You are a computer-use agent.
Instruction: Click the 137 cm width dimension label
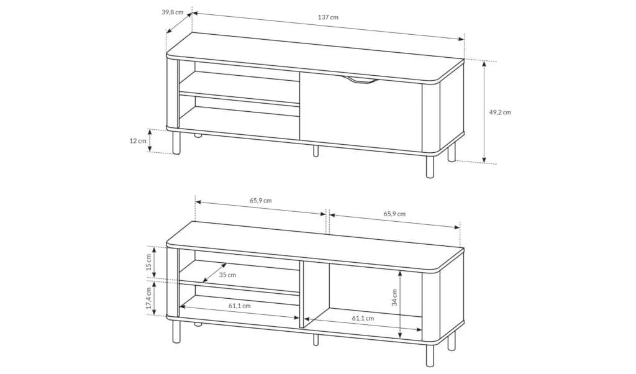click(328, 17)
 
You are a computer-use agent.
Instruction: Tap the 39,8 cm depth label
click(173, 12)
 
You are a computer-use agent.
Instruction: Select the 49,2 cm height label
click(500, 112)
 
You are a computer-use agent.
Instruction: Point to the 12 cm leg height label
click(138, 141)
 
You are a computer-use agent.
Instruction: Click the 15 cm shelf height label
click(149, 263)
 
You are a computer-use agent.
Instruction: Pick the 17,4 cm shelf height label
click(149, 298)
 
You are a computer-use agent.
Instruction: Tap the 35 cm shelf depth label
click(227, 275)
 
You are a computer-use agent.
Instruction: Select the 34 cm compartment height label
click(394, 298)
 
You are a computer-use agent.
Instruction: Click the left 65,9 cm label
click(260, 201)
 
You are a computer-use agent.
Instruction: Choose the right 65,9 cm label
click(394, 214)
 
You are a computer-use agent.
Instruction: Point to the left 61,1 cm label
click(239, 306)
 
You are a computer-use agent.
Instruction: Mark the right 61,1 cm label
click(363, 318)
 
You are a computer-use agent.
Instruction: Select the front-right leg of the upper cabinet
click(430, 166)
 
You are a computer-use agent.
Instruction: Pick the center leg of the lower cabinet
click(316, 340)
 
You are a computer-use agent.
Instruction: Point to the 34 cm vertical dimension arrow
click(401, 304)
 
